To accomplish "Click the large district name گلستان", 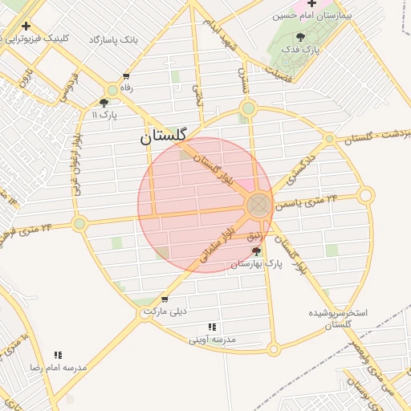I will click(x=169, y=136).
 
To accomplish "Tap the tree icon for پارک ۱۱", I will click(x=104, y=102).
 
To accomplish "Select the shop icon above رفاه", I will click(x=126, y=76).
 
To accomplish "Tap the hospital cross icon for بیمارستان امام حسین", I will click(x=311, y=3).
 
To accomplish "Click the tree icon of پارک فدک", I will click(x=300, y=37).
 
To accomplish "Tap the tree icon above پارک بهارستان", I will click(x=256, y=251).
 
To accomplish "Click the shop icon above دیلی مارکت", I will click(x=165, y=299).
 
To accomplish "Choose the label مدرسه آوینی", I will click(x=213, y=340).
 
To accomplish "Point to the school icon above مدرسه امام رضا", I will click(x=58, y=354).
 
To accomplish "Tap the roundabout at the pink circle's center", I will click(x=258, y=205).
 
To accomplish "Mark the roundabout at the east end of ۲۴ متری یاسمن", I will click(x=366, y=194).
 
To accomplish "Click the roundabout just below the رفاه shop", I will click(x=112, y=91).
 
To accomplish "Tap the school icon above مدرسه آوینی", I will click(x=212, y=327).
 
